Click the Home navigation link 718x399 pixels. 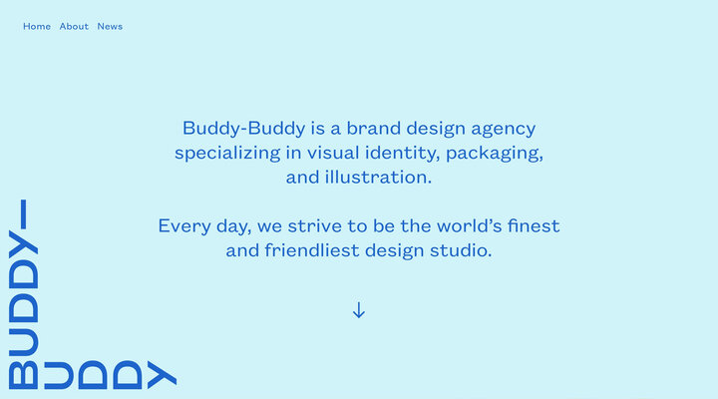(x=37, y=26)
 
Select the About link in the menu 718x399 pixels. (x=74, y=26)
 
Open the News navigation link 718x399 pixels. (x=110, y=26)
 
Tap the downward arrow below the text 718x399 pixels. (x=359, y=310)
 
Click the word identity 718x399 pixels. (x=400, y=154)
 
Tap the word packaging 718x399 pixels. (x=495, y=154)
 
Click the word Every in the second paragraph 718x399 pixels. (x=182, y=226)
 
